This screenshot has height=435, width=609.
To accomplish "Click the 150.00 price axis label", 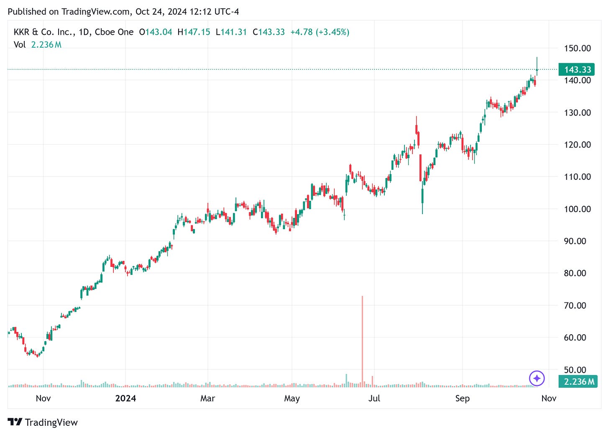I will (577, 48).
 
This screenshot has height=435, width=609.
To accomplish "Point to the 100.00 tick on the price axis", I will (577, 209).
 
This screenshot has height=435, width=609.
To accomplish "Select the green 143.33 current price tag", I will (577, 69).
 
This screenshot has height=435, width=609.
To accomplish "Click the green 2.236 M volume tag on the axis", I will (578, 381).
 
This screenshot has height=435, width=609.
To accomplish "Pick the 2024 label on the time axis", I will (125, 398).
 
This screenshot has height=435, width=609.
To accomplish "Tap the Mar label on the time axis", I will (207, 398).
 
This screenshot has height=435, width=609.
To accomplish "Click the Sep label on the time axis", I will (462, 398).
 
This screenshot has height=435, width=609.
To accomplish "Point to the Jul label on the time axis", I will (374, 398).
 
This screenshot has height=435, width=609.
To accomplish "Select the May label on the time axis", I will (292, 398).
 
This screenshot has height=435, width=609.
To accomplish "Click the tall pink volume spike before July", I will (362, 339).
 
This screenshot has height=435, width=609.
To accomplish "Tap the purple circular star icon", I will (537, 379).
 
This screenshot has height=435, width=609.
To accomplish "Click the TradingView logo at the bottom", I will (43, 422).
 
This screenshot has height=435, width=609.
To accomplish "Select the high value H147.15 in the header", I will (194, 32).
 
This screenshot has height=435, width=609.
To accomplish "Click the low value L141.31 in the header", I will (231, 32).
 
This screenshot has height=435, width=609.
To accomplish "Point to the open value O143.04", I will (156, 32).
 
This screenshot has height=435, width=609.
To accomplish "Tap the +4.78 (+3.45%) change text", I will (320, 32).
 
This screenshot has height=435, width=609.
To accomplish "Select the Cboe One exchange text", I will (114, 32).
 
